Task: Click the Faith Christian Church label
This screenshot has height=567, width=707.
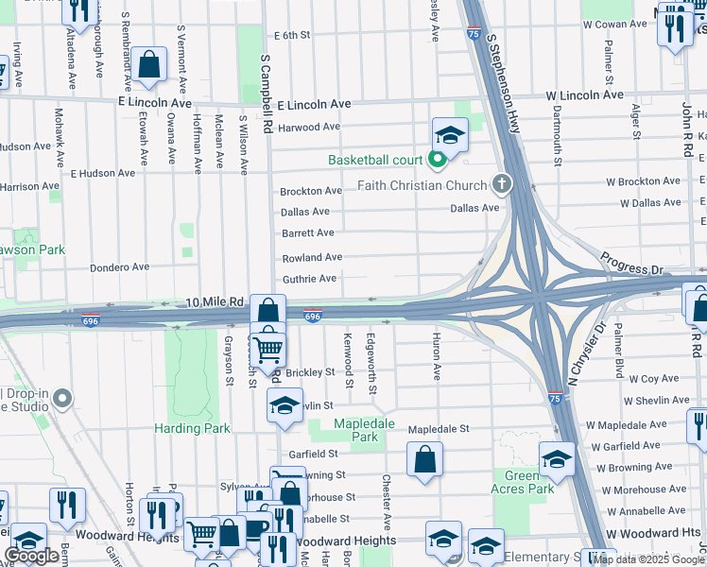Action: tap(422, 185)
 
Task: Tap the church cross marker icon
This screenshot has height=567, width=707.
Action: tap(501, 184)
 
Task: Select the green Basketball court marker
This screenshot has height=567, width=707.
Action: tap(437, 160)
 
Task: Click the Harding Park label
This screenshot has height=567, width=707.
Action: tap(192, 428)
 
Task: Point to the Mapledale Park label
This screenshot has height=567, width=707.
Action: tap(365, 431)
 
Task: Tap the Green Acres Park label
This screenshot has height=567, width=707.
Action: tap(523, 482)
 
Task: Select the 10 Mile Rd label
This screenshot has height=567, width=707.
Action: tap(216, 301)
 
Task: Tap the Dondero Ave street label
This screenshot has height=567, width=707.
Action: tap(120, 267)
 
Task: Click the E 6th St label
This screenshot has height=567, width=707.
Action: tap(292, 35)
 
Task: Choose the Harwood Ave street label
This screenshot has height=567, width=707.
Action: tap(309, 127)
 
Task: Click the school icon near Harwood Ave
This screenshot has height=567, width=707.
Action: tap(451, 134)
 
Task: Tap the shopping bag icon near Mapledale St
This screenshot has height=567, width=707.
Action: tap(425, 459)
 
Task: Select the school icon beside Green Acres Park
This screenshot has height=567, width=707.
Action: tap(558, 459)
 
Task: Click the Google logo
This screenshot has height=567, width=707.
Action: tap(32, 556)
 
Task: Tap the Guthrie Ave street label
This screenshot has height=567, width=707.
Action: tap(309, 279)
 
